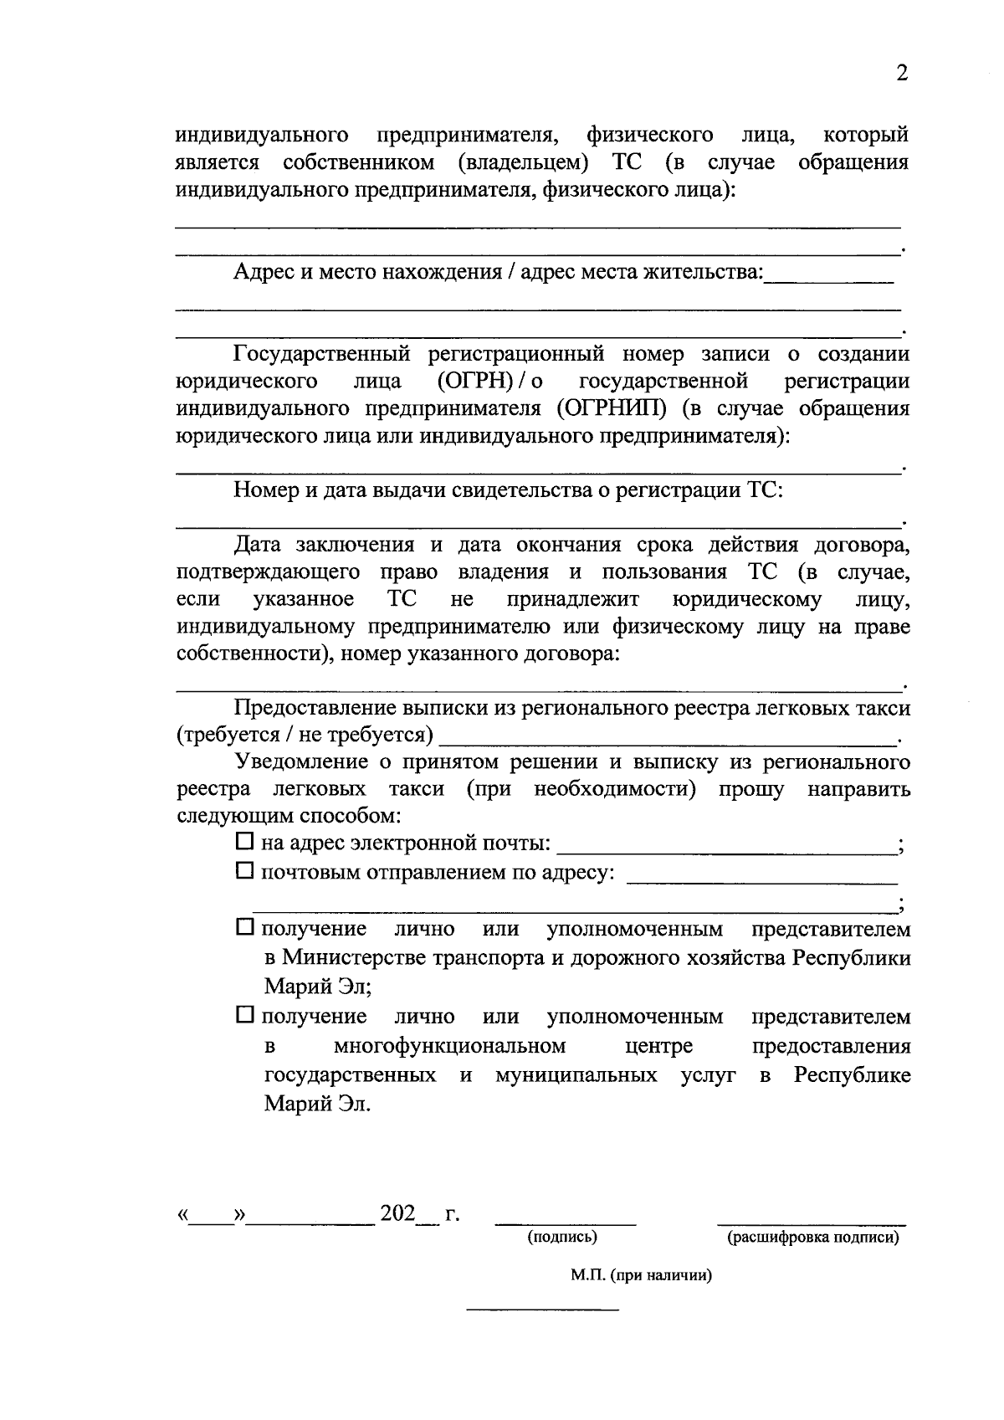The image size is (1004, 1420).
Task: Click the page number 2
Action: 901,74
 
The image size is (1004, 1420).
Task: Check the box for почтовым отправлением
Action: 243,871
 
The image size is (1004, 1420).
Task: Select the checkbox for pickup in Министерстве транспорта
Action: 243,927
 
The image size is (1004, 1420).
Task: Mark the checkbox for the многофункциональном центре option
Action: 243,1015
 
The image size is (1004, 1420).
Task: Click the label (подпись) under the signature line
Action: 561,1237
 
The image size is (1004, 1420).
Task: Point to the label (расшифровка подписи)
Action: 812,1237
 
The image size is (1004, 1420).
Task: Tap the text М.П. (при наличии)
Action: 641,1276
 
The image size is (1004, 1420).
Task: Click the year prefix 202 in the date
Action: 397,1212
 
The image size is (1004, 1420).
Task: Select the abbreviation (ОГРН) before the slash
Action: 475,382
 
